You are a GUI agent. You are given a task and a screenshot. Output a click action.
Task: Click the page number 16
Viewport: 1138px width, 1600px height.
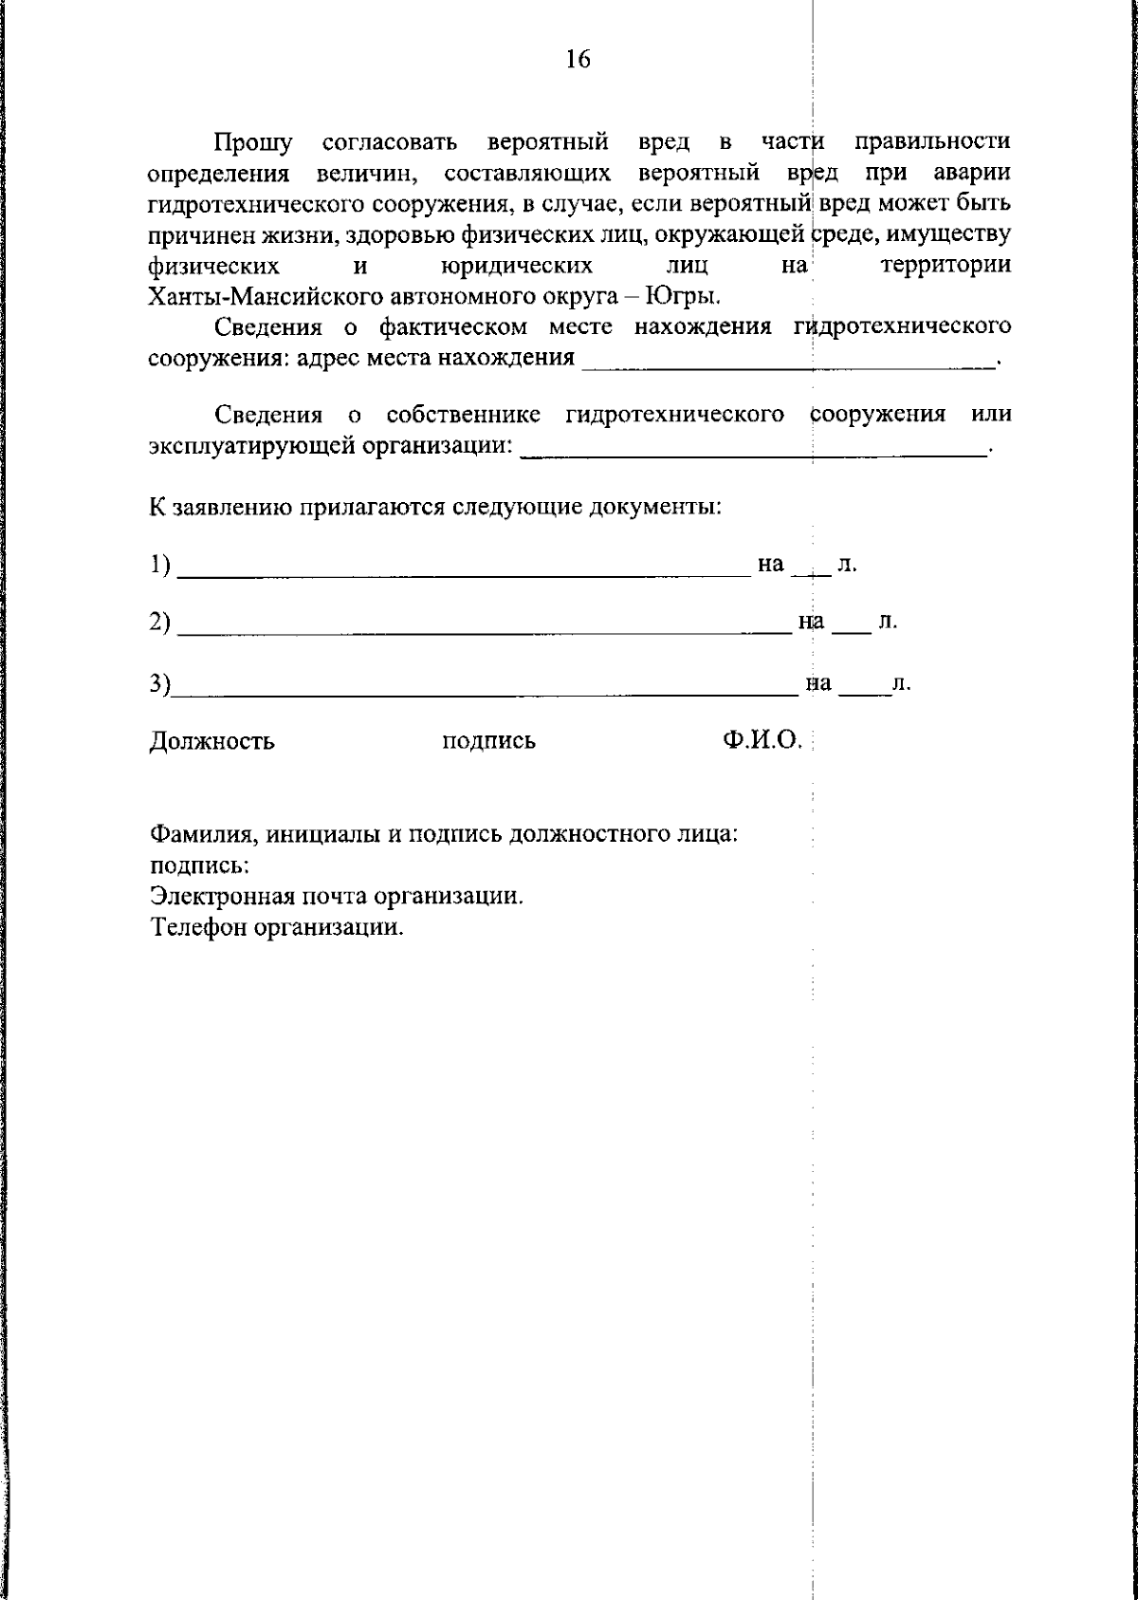[x=578, y=60]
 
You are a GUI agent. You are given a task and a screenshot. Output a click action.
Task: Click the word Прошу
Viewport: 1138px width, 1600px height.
[x=253, y=143]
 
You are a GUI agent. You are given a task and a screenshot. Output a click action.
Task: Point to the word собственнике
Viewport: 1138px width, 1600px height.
[x=464, y=415]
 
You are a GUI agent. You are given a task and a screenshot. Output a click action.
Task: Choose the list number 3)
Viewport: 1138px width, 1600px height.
[x=160, y=683]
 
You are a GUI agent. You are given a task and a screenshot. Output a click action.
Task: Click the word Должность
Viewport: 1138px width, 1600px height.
[x=212, y=741]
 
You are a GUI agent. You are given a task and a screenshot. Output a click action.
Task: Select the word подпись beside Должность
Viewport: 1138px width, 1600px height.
[x=488, y=741]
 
